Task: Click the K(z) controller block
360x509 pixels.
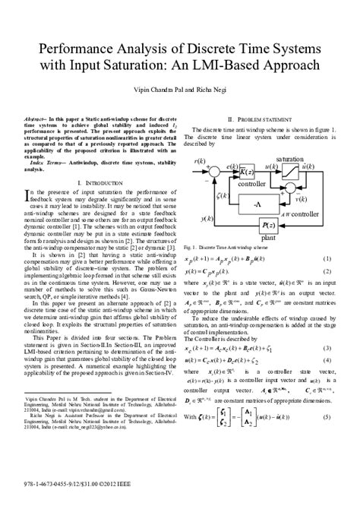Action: (x=247, y=174)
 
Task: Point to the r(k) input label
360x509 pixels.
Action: (x=200, y=160)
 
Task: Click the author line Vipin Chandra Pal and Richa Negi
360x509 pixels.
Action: (x=179, y=90)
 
